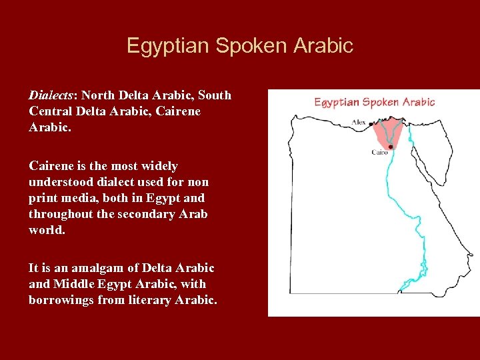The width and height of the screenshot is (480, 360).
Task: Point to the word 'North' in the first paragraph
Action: tap(99, 95)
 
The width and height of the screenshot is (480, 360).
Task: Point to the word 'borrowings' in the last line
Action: tap(61, 300)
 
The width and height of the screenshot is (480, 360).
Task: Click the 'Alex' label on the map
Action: tap(359, 123)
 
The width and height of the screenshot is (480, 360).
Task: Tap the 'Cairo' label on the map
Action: tap(379, 152)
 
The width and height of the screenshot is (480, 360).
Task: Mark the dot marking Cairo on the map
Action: tap(390, 147)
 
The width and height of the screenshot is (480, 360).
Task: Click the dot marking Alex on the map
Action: tap(371, 124)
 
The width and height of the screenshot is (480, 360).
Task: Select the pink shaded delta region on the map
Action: tap(387, 132)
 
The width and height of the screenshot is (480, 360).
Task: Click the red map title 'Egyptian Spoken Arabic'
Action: tap(374, 102)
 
